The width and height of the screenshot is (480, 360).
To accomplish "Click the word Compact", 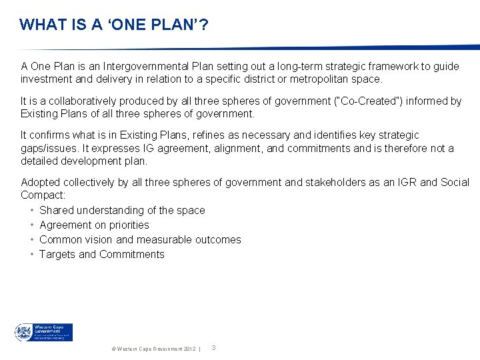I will click(x=41, y=195).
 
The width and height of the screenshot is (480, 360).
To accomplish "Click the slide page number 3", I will click(x=213, y=347).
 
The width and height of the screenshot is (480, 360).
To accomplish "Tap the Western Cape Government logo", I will click(x=44, y=332).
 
